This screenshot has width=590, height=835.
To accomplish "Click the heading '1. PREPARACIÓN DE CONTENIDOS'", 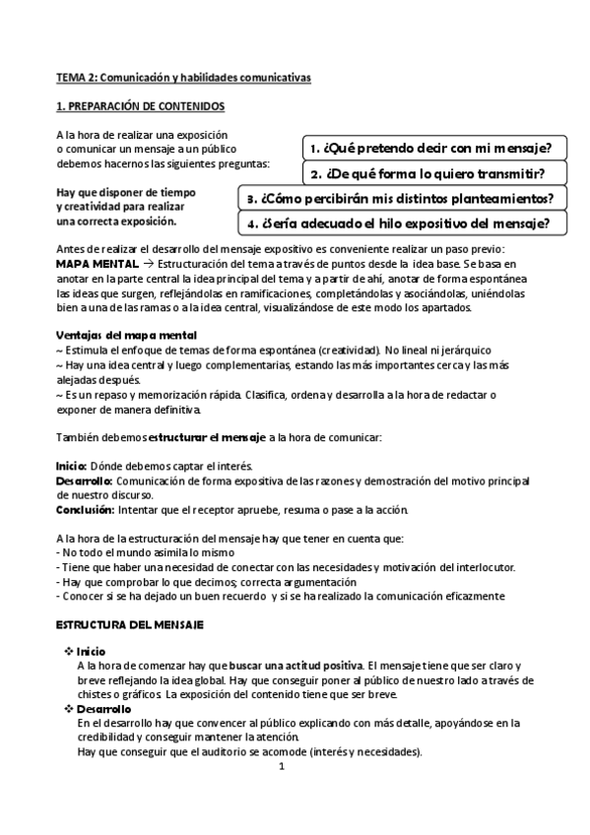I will click(140, 105).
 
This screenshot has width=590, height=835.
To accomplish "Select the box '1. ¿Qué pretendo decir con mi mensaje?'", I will click(429, 148).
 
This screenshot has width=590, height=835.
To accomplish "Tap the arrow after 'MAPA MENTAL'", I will click(148, 265).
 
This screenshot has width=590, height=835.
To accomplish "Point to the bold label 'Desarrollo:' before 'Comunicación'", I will click(84, 481).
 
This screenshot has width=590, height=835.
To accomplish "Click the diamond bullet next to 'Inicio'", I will click(68, 652).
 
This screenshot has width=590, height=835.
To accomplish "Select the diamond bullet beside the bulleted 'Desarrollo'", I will click(68, 709).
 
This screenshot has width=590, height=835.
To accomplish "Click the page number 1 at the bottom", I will click(281, 768).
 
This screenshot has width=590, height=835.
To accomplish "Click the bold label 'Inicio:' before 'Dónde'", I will click(71, 466).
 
